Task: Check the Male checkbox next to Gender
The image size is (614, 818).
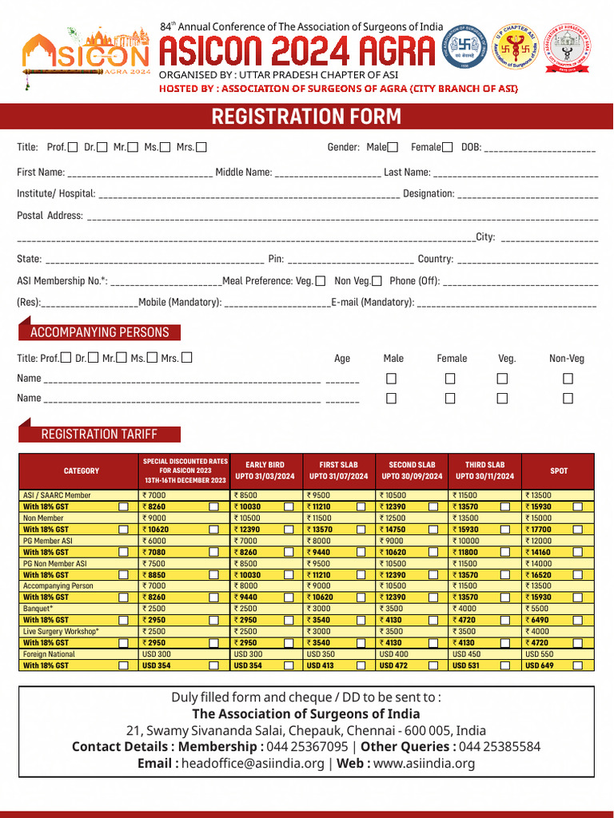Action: [x=393, y=147]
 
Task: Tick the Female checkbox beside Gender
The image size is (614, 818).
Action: [x=447, y=147]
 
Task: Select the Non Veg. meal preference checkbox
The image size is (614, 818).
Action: [x=377, y=280]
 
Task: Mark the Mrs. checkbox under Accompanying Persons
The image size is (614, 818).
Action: [x=187, y=358]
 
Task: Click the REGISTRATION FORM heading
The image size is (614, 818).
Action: [x=306, y=117]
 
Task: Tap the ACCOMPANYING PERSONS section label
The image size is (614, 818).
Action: [x=99, y=332]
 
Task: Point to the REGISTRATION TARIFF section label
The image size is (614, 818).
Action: [x=99, y=434]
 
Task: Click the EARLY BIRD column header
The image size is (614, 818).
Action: [x=265, y=471]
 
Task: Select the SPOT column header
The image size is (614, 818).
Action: [x=558, y=471]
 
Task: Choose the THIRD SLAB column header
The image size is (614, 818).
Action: [x=484, y=471]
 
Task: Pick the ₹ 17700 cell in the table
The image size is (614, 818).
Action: [x=539, y=530]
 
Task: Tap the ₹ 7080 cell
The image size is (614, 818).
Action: [x=155, y=552]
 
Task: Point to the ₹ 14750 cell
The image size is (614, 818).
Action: [x=393, y=530]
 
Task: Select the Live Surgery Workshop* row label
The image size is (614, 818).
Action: [x=61, y=631]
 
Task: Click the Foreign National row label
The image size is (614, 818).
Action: [x=49, y=654]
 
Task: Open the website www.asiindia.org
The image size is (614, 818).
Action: [x=424, y=763]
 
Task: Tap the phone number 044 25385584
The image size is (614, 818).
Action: [x=500, y=746]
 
